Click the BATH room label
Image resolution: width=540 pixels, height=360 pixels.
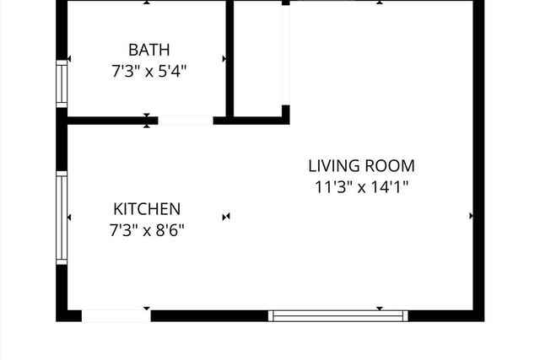coord(149,50)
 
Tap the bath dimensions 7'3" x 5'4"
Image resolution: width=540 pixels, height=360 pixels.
coord(148,72)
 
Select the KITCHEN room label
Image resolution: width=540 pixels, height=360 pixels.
coord(147,209)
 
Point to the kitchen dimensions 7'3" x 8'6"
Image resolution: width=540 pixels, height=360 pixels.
coord(147,230)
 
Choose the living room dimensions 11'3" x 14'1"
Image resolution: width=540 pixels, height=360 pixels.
coord(362,187)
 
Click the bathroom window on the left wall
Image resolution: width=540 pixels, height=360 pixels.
coord(62,83)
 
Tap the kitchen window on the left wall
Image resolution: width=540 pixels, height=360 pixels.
coord(62,218)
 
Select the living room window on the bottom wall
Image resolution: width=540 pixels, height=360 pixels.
coord(338,316)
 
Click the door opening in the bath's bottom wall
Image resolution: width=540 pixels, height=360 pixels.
coord(186,121)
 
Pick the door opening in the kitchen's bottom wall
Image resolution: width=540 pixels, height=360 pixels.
coord(116,316)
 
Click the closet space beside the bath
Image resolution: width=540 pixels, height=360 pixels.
coord(257,58)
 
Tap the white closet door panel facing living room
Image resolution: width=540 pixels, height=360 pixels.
coord(286,55)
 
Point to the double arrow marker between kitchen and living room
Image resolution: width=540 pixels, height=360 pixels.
coord(226,217)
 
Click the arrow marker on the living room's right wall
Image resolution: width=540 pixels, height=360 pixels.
coord(471,216)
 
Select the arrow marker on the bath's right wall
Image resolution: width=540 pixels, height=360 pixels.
coord(224,59)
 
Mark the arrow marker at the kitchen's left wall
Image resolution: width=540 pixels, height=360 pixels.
coord(69,218)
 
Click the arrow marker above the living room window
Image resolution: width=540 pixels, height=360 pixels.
coord(380,309)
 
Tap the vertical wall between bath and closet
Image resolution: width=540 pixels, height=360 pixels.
coord(229,58)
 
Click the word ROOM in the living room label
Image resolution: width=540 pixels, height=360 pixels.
coord(390,166)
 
